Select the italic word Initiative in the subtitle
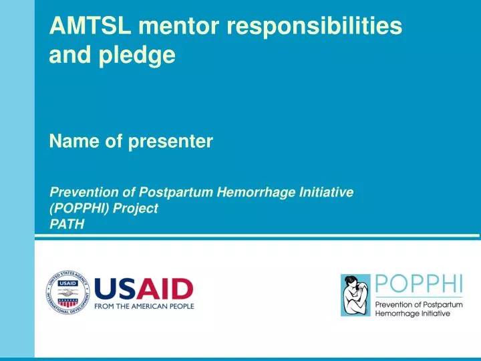coord(326,192)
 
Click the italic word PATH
coord(67,224)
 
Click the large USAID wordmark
coord(144,289)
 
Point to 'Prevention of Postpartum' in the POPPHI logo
coord(418,305)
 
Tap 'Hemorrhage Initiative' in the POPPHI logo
coord(412,314)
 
